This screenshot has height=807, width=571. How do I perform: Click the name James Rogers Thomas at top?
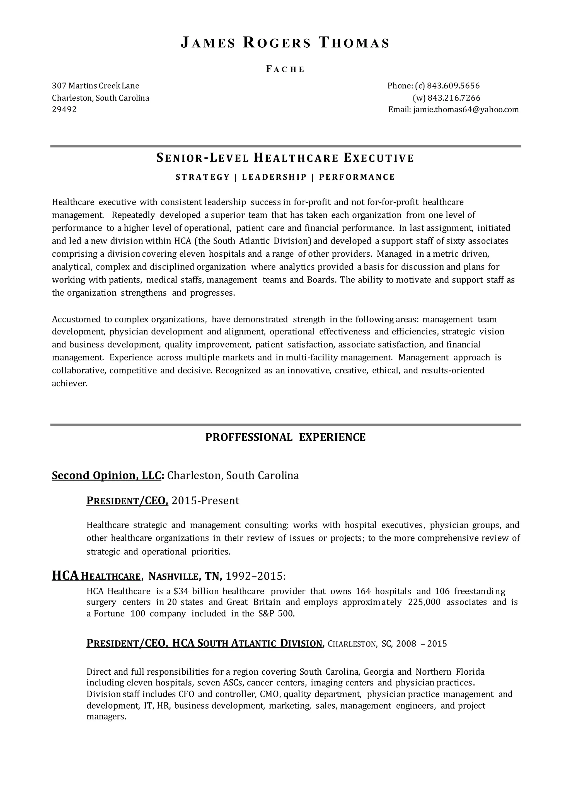285,43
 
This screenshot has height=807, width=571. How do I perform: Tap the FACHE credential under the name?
285,69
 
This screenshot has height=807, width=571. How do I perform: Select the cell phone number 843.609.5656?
453,86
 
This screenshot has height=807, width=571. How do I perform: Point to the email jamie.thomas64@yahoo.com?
466,110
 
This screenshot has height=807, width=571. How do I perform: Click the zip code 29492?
64,110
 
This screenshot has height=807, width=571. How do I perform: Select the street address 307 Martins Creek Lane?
96,86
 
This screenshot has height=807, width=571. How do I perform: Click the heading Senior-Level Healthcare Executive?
285,158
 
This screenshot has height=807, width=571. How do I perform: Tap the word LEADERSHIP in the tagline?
274,177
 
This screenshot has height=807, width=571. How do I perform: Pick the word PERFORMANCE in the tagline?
357,177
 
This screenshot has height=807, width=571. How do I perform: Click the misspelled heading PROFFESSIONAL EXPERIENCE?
285,437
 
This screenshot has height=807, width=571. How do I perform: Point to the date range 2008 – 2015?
421,644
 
